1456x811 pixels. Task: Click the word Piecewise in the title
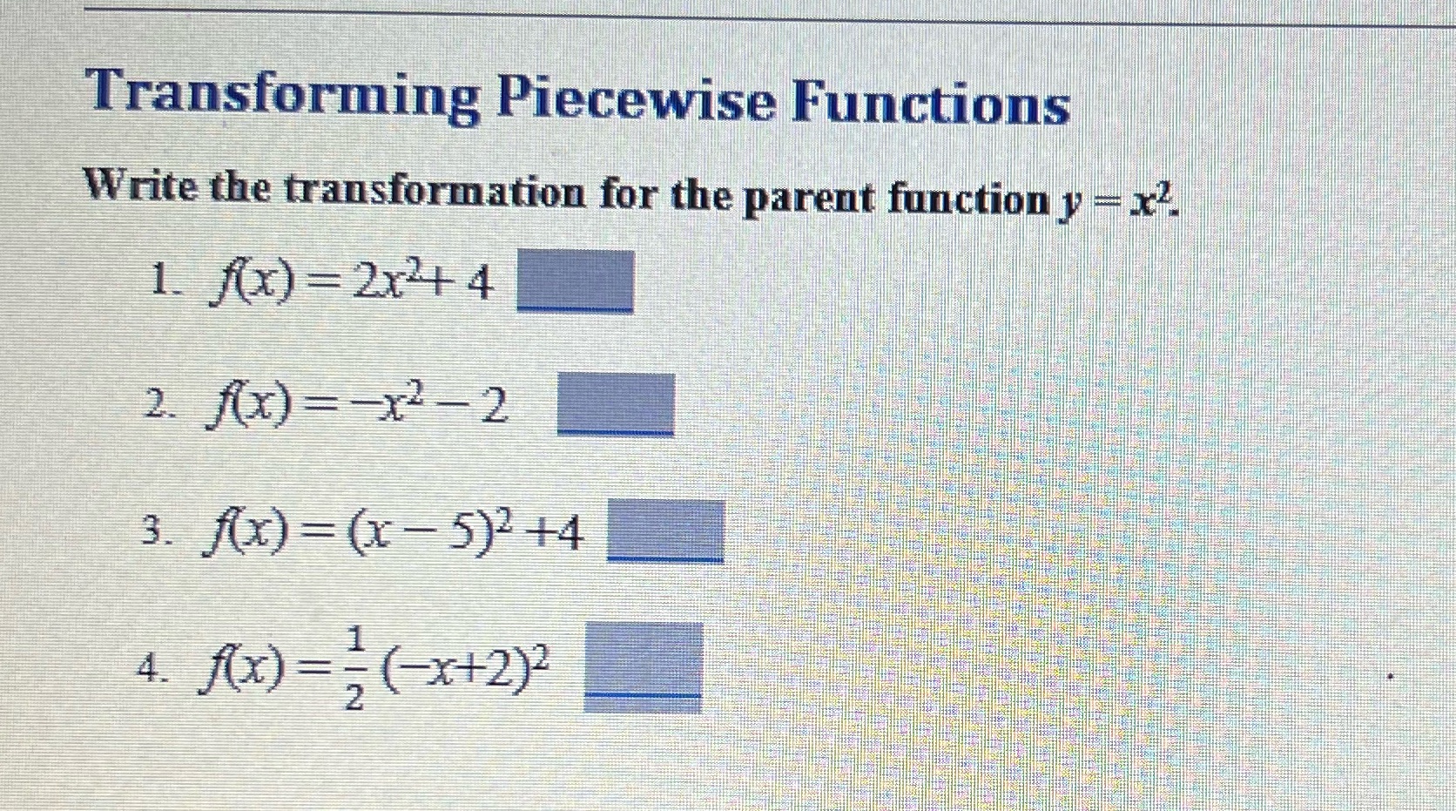click(635, 98)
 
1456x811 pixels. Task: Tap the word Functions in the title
click(930, 101)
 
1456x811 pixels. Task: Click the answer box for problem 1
click(576, 281)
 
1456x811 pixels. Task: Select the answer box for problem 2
click(616, 404)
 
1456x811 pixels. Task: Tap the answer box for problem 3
click(665, 531)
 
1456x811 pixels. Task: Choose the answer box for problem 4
click(643, 666)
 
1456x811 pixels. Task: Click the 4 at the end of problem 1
click(477, 284)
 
